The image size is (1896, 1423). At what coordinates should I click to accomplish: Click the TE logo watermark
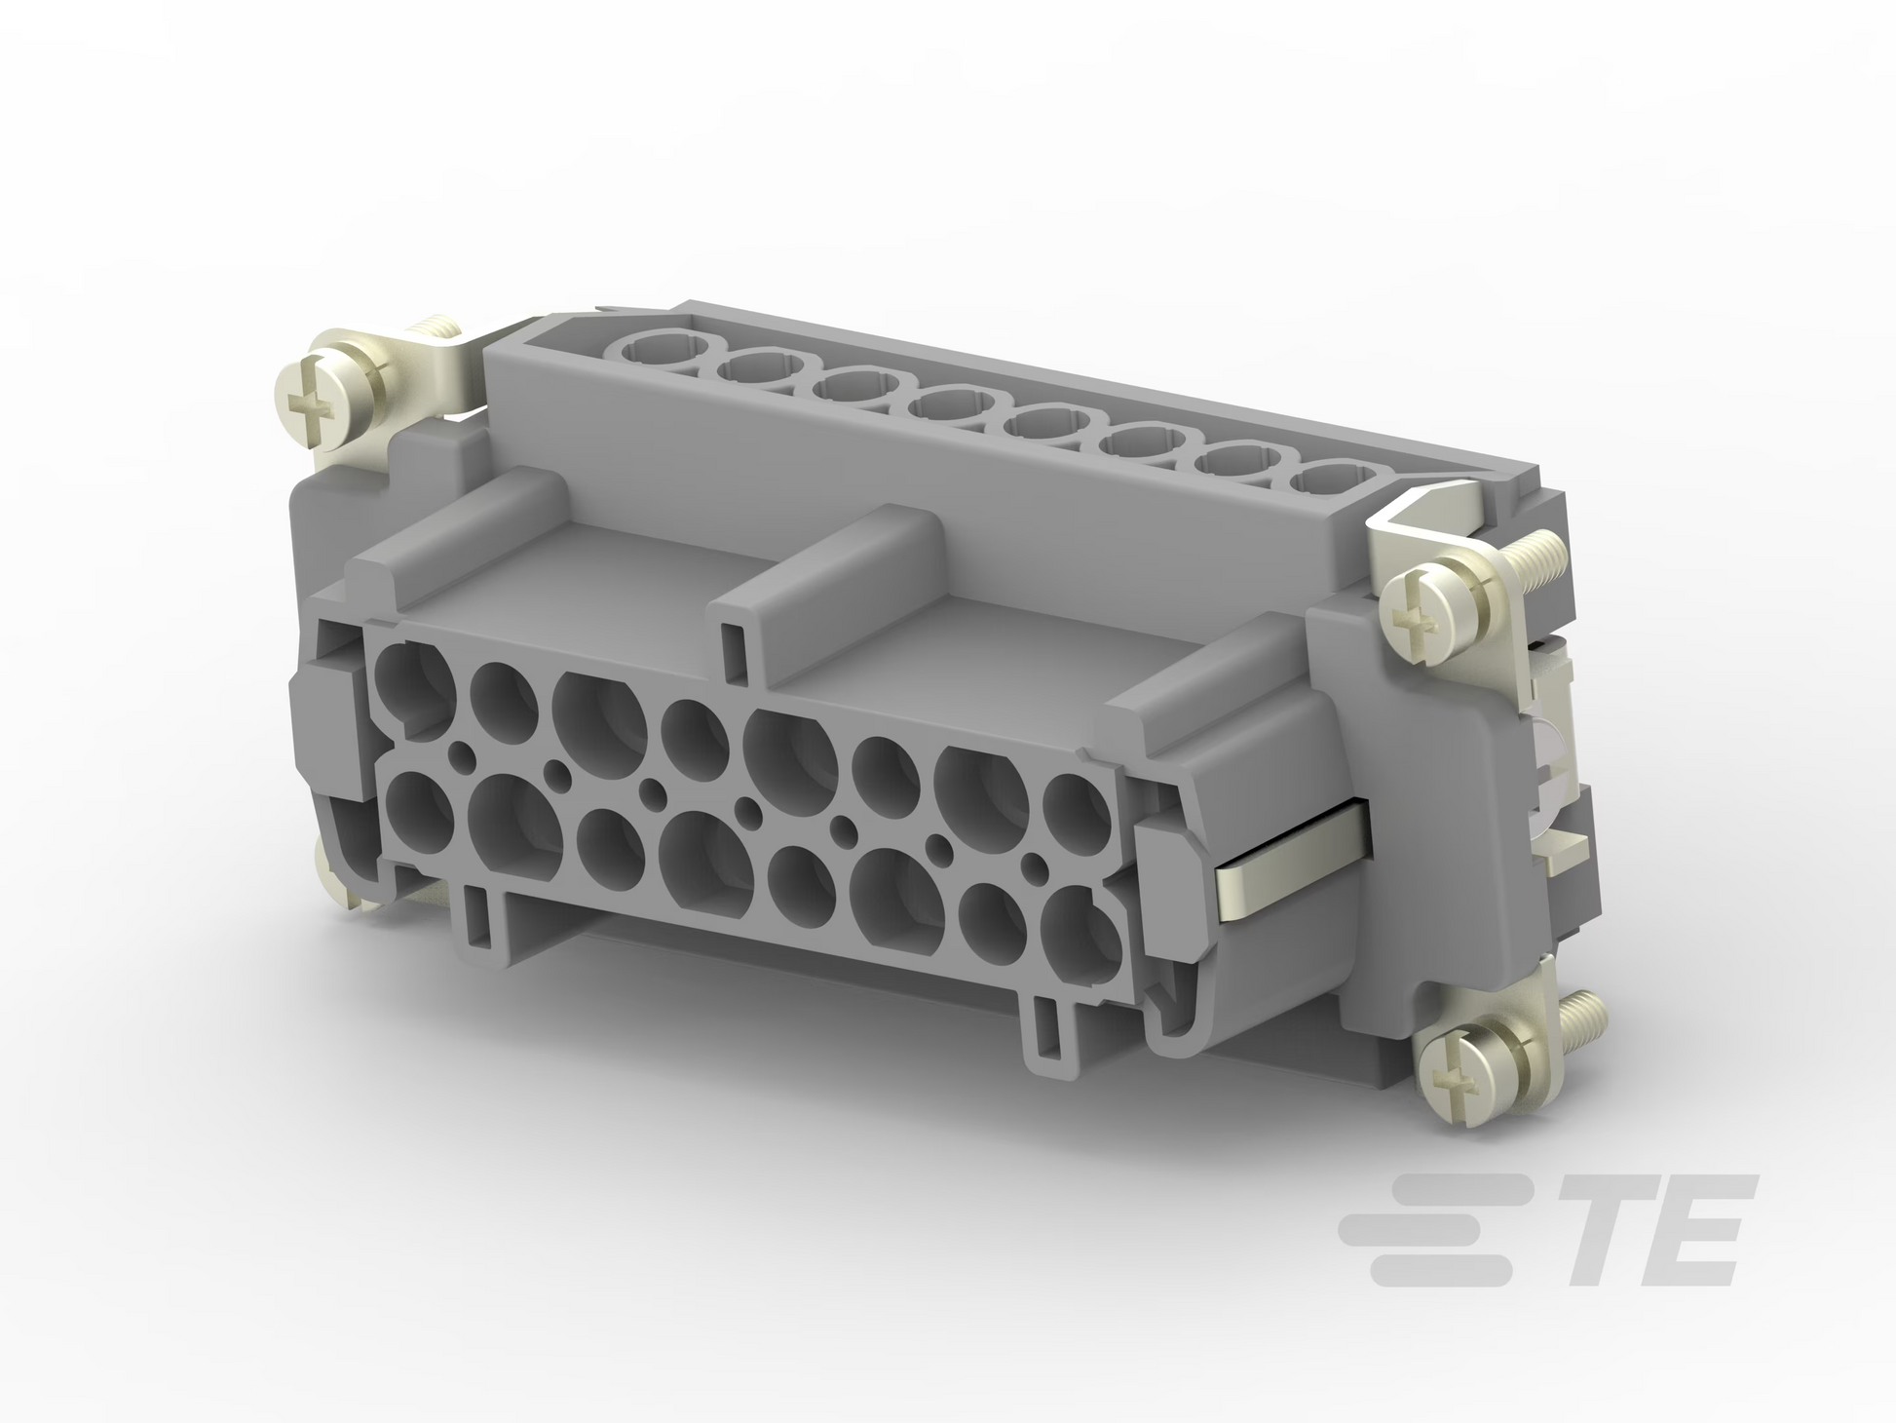pyautogui.click(x=1547, y=1230)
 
